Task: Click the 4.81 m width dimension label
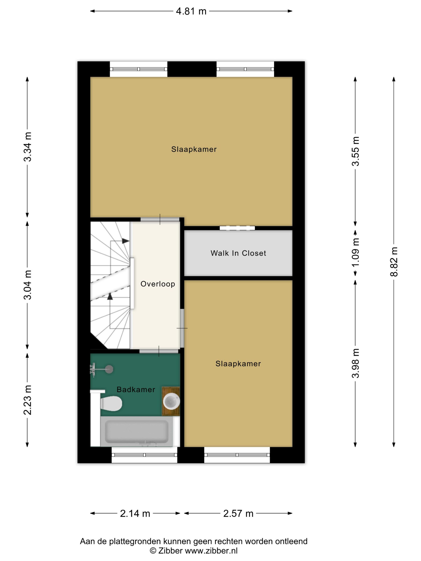[x=191, y=11]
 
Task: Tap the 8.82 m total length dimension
[x=394, y=261]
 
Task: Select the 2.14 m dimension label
[x=135, y=514]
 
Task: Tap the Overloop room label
[x=158, y=284]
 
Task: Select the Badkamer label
[x=136, y=389]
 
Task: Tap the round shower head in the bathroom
[x=109, y=369]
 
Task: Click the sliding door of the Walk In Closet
[x=237, y=228]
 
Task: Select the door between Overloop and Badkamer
[x=159, y=351]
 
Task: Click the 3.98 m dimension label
[x=355, y=363]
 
